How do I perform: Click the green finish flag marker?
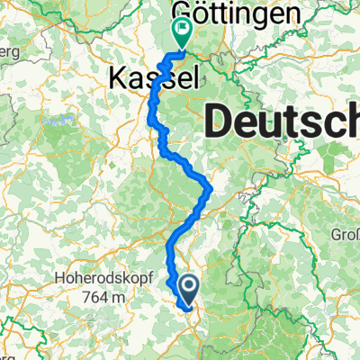tap(183, 33)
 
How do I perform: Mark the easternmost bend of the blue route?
tap(211, 189)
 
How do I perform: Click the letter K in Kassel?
tap(118, 78)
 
